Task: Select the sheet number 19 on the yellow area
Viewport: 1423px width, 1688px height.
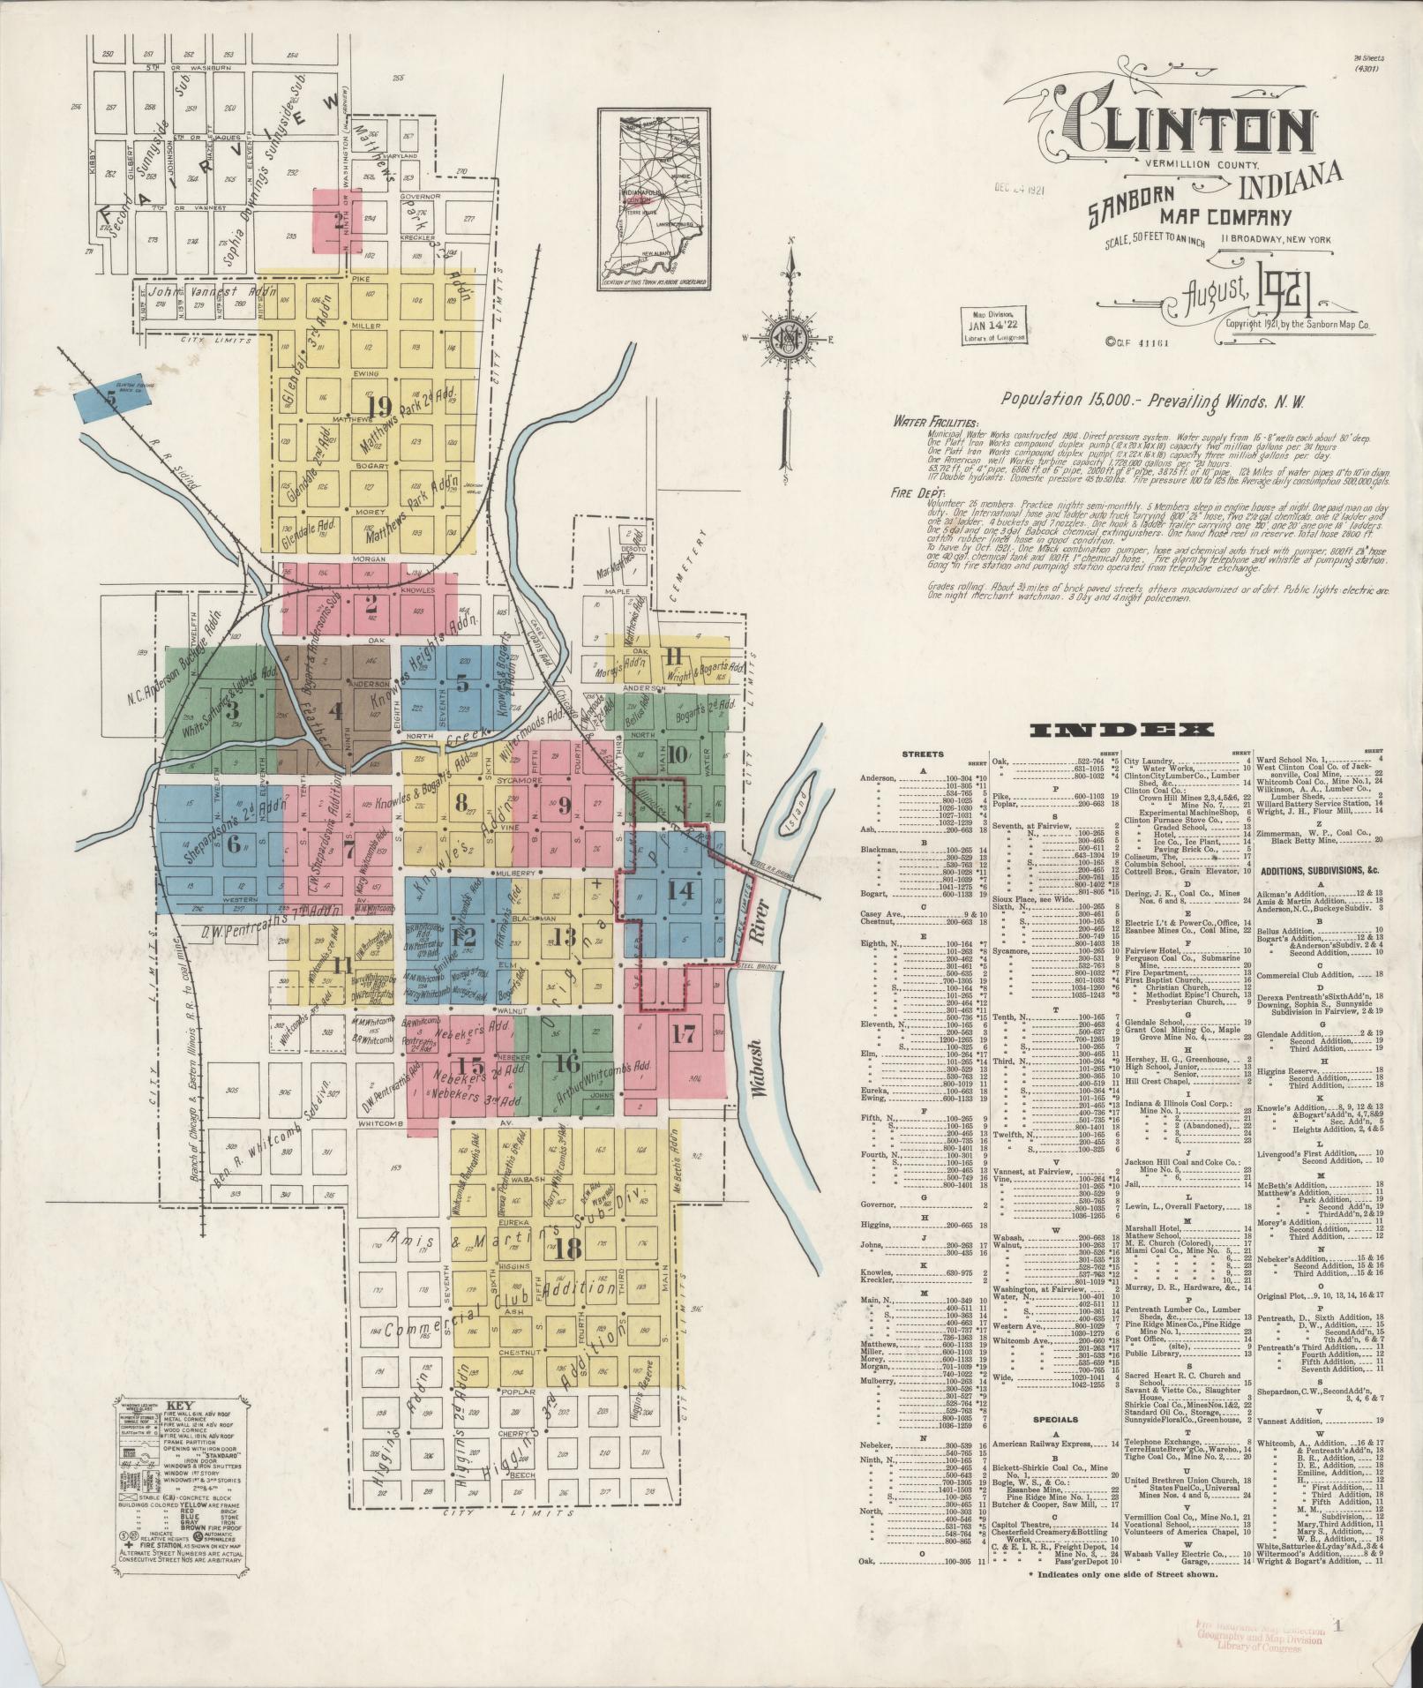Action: coord(380,405)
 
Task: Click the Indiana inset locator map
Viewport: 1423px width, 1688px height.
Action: coord(654,199)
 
